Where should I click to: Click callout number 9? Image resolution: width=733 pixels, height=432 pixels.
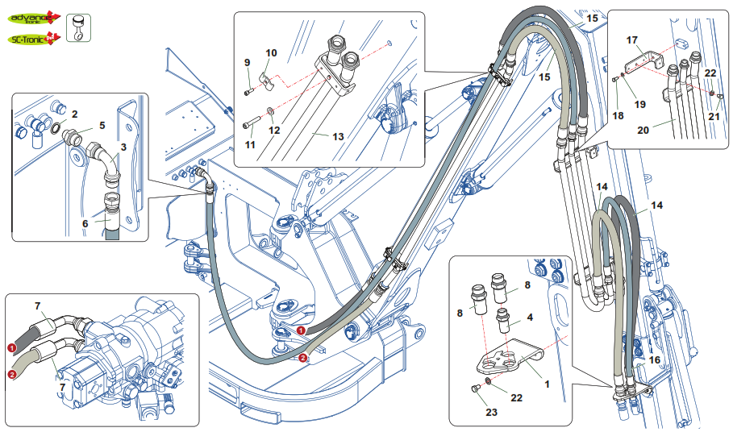point(248,62)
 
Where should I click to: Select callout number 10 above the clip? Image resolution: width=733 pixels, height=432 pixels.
point(272,53)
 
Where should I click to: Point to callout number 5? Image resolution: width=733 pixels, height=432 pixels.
point(102,126)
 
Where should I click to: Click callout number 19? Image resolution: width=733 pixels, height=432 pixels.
point(639,103)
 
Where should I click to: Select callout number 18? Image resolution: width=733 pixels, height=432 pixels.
point(618,116)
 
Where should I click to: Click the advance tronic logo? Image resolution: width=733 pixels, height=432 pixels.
point(34,15)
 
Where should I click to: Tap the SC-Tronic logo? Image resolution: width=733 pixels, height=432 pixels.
point(32,38)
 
